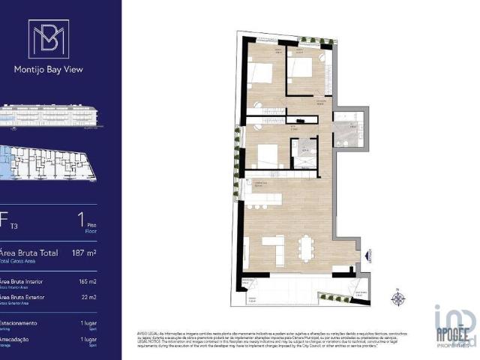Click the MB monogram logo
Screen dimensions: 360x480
coord(48,39)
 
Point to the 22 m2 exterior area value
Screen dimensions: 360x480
coord(88,298)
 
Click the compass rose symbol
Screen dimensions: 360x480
coord(397,298)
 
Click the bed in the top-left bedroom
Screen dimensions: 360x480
coord(262,73)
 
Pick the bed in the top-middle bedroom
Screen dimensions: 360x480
coord(301,68)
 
